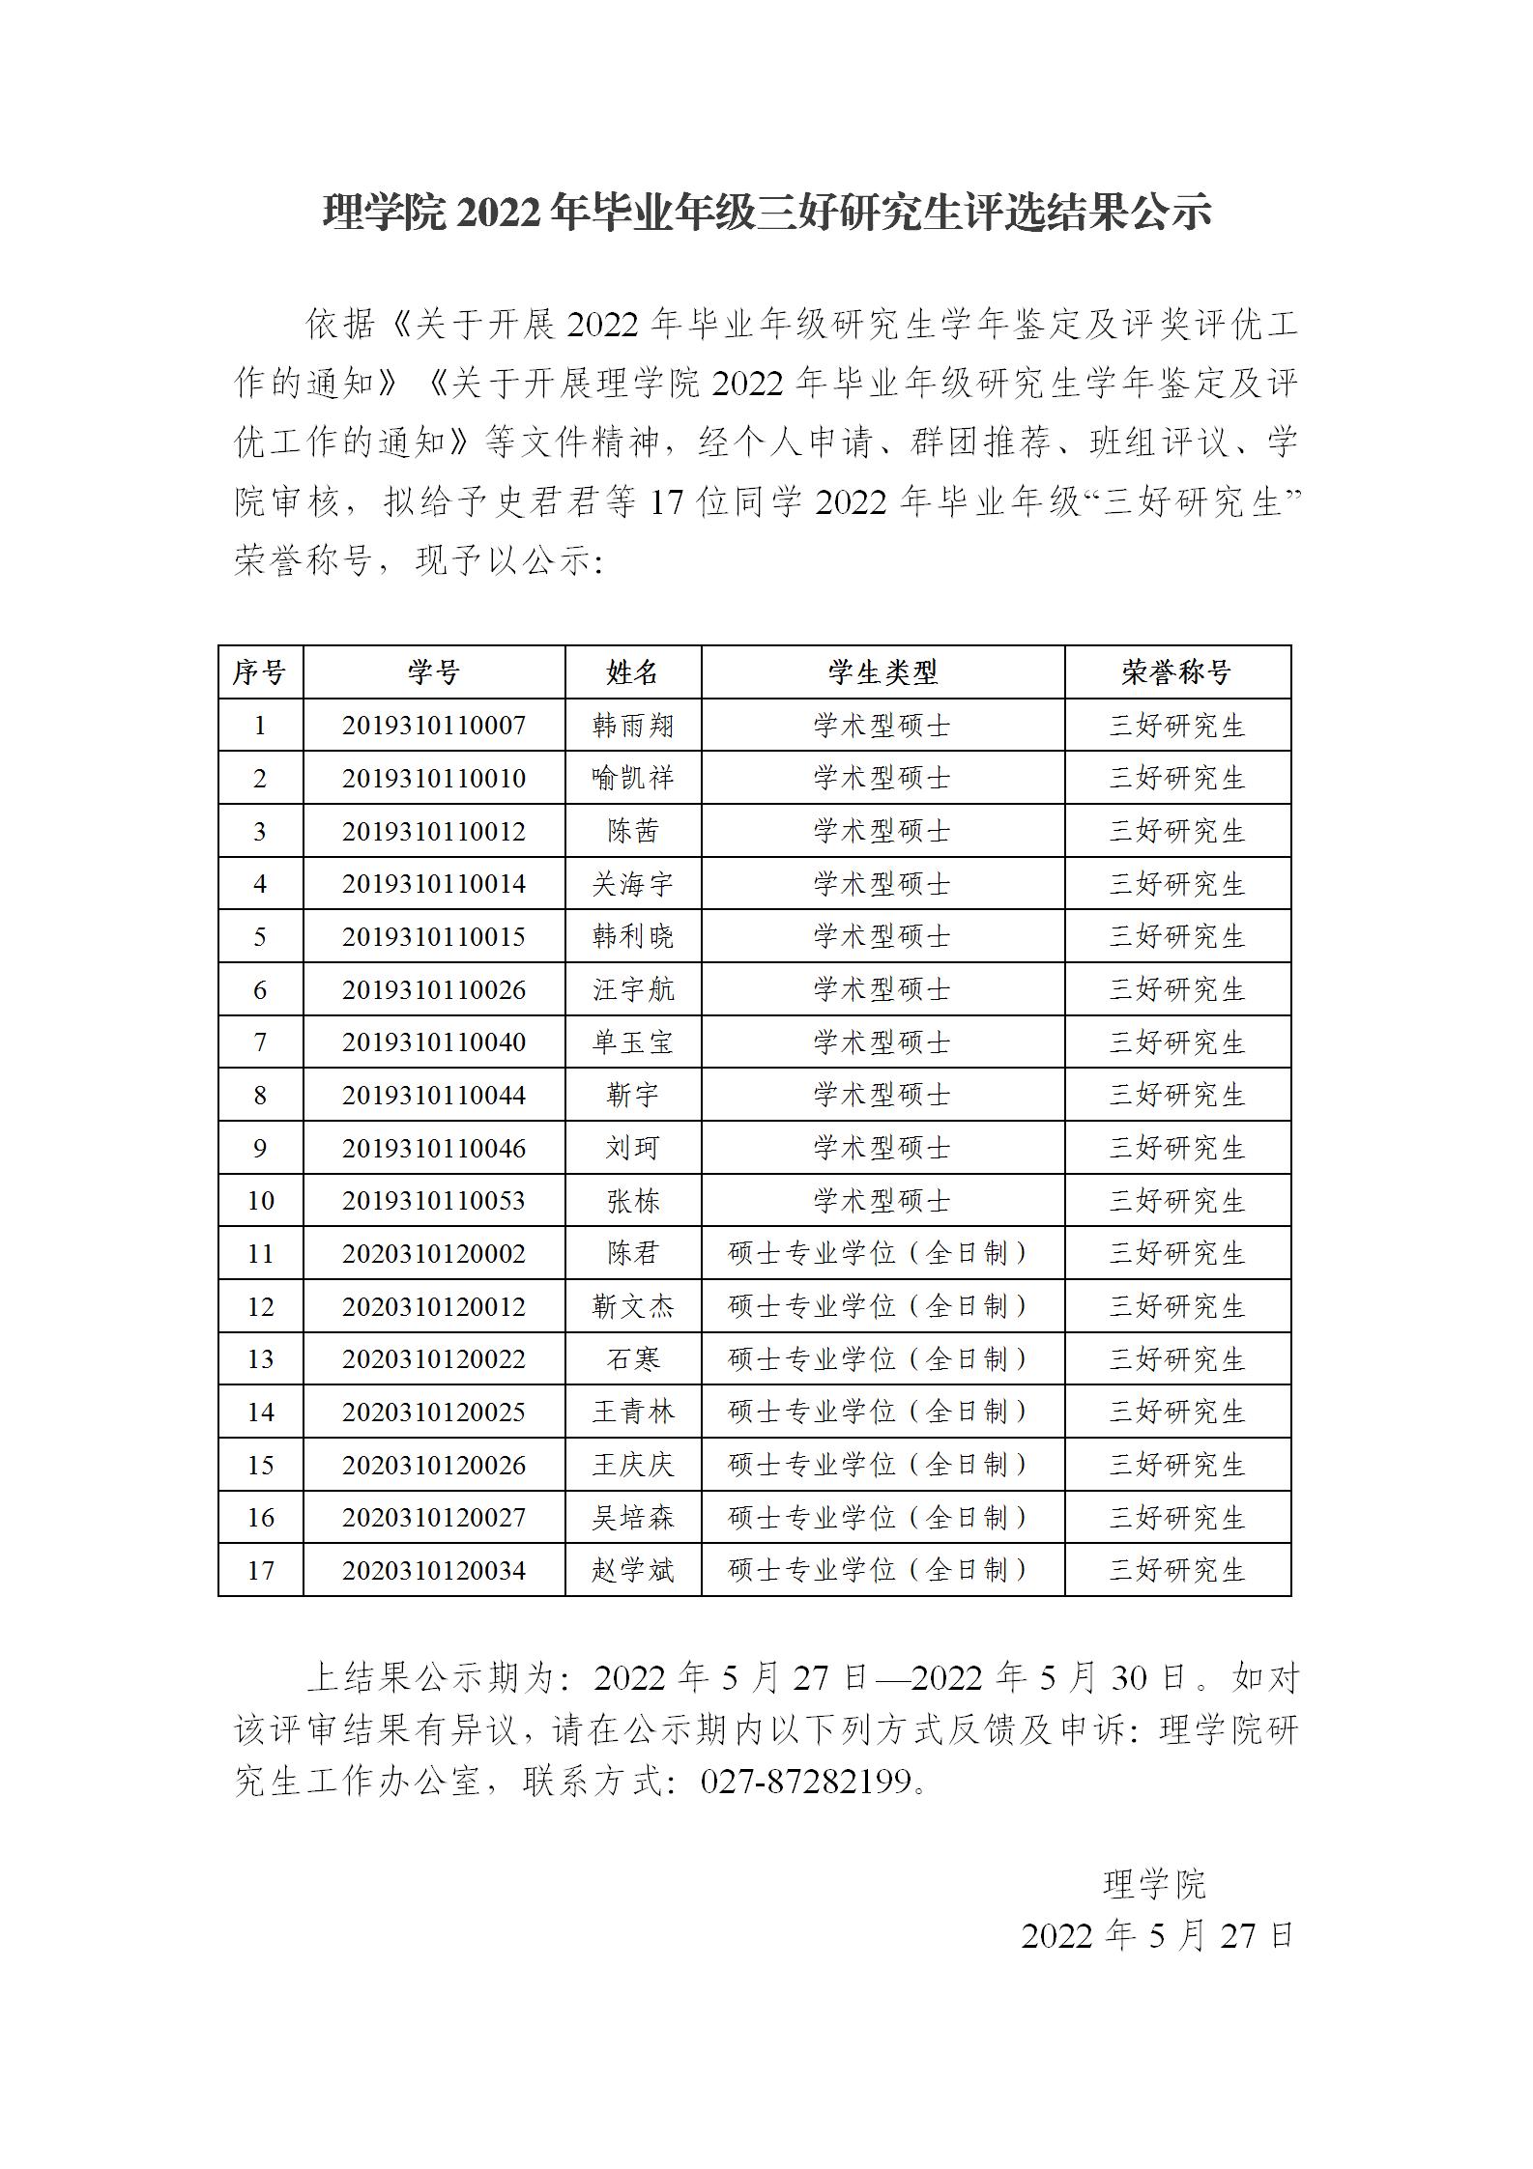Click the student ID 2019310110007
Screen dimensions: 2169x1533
coord(433,725)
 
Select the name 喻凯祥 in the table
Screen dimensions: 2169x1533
coord(632,778)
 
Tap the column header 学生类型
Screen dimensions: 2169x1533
coord(882,671)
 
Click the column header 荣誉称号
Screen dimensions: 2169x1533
coord(1176,671)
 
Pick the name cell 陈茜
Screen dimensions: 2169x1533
coord(632,831)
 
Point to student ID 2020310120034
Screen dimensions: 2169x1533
coord(433,1570)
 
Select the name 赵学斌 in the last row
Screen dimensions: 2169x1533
coord(632,1570)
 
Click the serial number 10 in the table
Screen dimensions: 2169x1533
coord(260,1200)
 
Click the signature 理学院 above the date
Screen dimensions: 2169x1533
coord(1154,1883)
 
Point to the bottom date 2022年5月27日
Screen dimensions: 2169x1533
coord(1157,1935)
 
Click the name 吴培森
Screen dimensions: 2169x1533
coord(632,1517)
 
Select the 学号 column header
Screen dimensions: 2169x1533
coord(433,671)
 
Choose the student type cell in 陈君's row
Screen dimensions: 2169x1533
coord(882,1253)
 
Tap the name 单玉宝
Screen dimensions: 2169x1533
coord(632,1042)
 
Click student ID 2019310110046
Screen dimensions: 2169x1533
coord(433,1148)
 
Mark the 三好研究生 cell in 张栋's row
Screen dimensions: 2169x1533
coord(1176,1200)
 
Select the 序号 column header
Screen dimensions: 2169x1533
coord(260,671)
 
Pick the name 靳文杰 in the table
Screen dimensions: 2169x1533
coord(632,1306)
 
